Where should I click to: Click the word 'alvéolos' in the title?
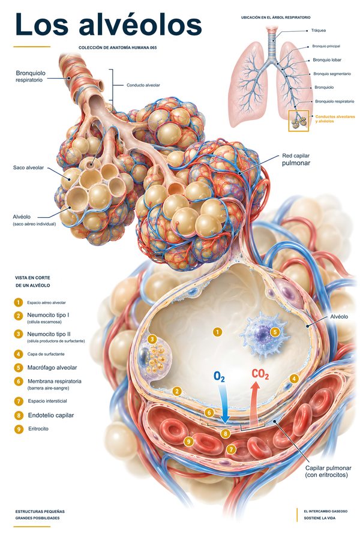pos(140,24)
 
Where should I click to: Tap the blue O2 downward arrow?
pos(224,404)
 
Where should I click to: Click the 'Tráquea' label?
pos(319,31)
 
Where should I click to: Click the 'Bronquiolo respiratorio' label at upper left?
pos(31,76)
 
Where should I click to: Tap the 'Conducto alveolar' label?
pos(143,85)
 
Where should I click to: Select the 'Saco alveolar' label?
pos(28,168)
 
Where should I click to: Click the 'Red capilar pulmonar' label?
pos(296,160)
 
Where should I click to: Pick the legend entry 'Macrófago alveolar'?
pos(52,367)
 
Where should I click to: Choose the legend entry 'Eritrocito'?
pos(38,429)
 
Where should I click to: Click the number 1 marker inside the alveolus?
pos(217,332)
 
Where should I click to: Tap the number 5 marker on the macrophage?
pos(275,332)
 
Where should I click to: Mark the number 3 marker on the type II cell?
pos(152,339)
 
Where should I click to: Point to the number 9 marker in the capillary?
pos(188,441)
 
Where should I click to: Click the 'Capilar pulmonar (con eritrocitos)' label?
pos(328,472)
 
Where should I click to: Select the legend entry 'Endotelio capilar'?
pos(51,415)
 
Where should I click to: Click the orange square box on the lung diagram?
pos(298,121)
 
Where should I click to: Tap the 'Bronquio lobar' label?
pos(327,60)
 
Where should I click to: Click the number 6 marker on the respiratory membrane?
pos(209,413)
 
